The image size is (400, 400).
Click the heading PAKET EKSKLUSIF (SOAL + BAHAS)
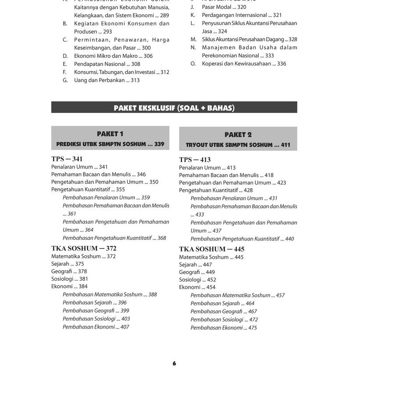(174, 108)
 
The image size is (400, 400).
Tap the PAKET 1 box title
(110, 134)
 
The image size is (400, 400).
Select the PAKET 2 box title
(238, 135)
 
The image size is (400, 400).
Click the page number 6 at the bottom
(174, 363)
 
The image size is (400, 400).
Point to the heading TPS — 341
(67, 159)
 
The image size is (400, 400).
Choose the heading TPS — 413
(195, 160)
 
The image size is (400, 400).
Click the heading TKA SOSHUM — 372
(84, 248)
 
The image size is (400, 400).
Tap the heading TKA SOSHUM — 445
(211, 249)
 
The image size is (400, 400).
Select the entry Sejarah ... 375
(68, 264)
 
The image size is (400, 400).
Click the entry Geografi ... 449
(197, 272)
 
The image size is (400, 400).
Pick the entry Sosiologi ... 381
(70, 279)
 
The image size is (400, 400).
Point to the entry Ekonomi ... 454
(197, 287)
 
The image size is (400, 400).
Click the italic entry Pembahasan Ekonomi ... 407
(96, 327)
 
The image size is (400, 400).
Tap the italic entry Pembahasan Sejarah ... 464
(222, 304)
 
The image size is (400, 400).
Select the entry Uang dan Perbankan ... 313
(107, 80)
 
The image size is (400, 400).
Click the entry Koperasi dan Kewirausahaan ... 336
(244, 64)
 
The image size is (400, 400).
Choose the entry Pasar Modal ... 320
(224, 7)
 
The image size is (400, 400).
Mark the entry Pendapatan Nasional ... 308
(107, 64)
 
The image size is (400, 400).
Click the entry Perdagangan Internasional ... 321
(242, 15)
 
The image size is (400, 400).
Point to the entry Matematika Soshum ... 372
(83, 256)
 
